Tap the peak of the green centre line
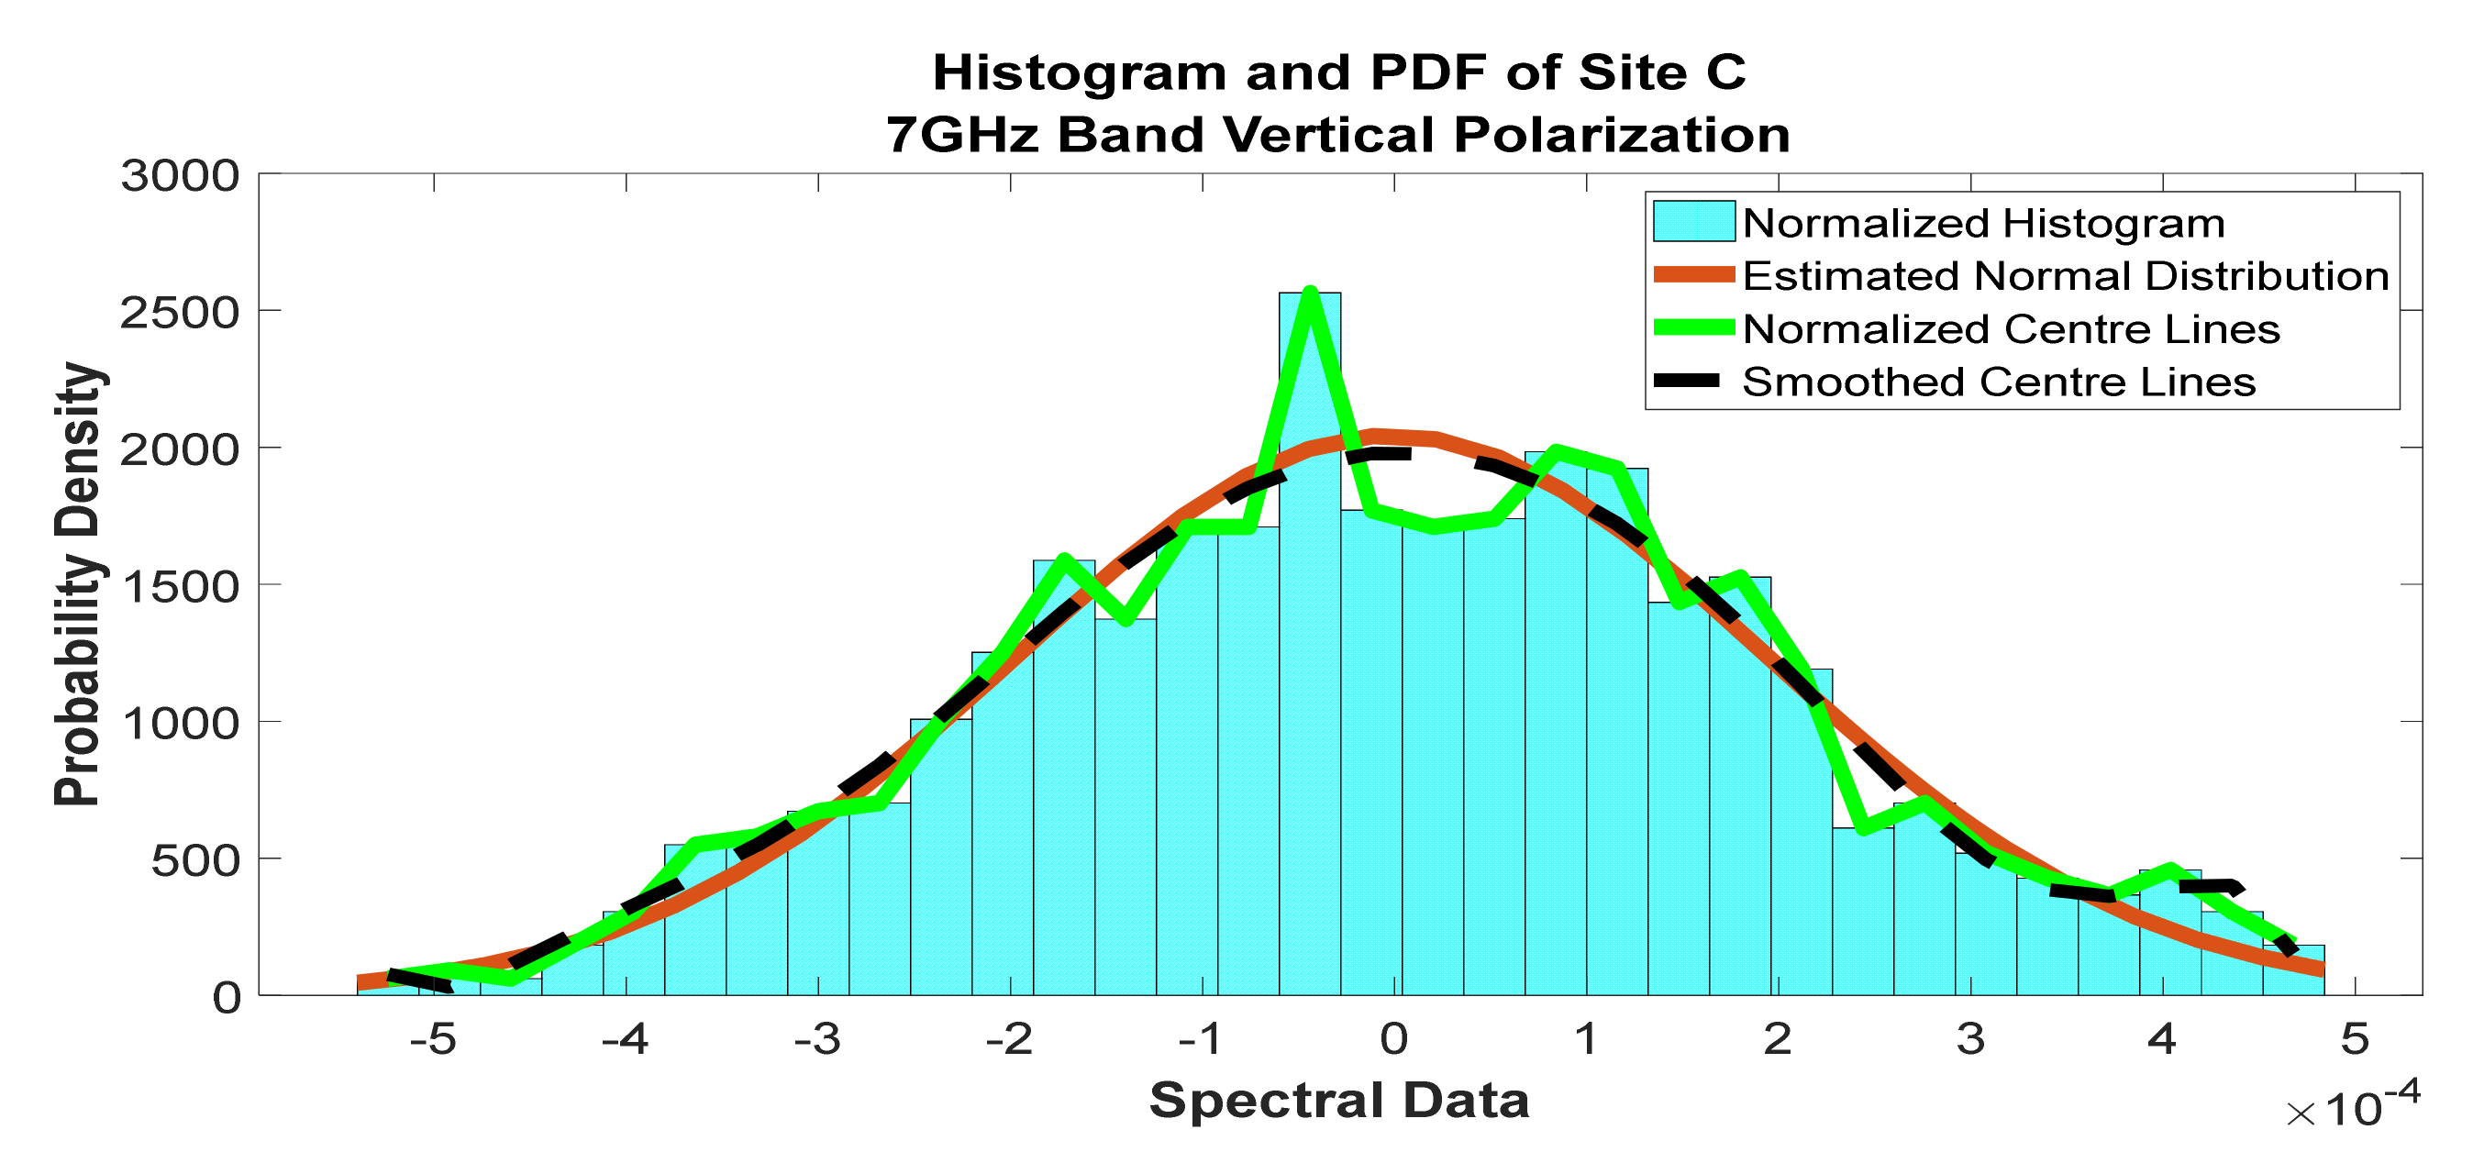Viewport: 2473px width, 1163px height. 1311,293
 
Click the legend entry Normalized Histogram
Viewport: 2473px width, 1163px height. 1983,224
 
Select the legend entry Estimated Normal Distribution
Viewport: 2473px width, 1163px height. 2065,276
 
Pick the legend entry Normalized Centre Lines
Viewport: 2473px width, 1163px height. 2011,329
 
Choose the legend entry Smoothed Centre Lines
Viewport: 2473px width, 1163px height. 1998,382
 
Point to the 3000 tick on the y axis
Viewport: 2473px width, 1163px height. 180,177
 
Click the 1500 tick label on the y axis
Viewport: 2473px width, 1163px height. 180,586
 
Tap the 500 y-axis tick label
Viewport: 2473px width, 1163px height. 194,860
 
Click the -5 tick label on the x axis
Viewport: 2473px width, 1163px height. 433,1039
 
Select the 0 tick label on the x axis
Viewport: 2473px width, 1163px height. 1394,1039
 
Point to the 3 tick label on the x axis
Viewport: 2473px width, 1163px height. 1971,1039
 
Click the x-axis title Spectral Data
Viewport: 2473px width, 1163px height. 1339,1100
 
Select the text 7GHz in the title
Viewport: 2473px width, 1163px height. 963,134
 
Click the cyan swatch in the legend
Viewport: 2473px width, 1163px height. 1693,222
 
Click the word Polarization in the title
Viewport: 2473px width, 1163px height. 1623,134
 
